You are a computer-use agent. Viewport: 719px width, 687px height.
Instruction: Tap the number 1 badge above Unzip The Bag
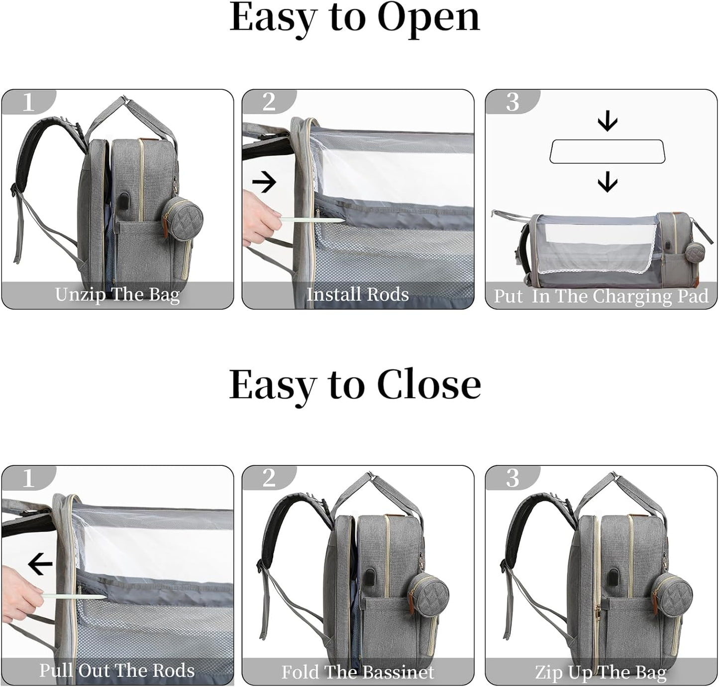pyautogui.click(x=28, y=102)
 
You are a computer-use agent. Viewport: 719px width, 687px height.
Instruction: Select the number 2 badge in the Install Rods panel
pyautogui.click(x=269, y=102)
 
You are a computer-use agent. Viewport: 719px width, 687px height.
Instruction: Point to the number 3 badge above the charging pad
pyautogui.click(x=513, y=102)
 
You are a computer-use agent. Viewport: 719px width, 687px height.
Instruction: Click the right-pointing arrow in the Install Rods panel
pyautogui.click(x=264, y=181)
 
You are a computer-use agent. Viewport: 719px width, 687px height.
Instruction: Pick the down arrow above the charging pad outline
pyautogui.click(x=608, y=123)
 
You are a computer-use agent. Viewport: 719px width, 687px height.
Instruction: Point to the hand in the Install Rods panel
pyautogui.click(x=261, y=218)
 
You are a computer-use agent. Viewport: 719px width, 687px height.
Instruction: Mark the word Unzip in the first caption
pyautogui.click(x=81, y=295)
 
